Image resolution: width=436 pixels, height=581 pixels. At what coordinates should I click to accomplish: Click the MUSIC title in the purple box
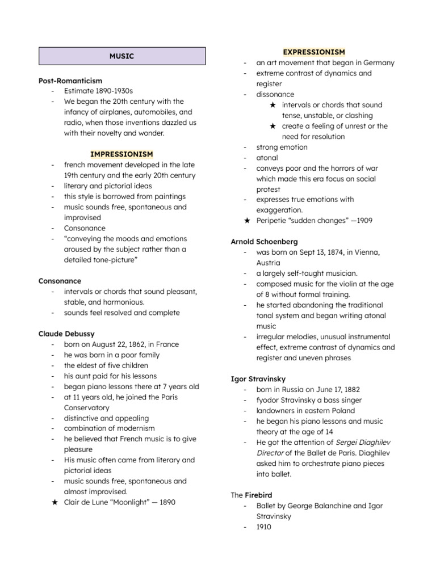122,56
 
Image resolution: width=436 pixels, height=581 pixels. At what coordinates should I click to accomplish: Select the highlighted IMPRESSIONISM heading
121,154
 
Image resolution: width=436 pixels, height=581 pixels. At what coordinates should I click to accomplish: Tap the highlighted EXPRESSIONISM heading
314,52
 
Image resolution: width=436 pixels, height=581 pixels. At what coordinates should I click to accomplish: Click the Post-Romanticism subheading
70,81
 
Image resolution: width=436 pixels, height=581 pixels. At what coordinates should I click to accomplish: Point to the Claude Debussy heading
66,334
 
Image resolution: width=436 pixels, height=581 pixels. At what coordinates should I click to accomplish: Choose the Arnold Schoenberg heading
265,242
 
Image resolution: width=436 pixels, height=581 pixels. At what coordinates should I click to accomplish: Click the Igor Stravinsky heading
258,378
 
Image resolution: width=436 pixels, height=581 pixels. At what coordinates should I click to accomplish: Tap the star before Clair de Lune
54,502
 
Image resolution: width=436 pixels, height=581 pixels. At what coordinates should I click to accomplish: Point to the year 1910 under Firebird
264,527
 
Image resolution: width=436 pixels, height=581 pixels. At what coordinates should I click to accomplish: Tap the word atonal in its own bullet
267,158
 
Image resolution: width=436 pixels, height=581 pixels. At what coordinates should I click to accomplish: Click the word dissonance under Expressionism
275,94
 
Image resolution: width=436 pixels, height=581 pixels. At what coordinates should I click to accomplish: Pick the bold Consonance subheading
60,281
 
